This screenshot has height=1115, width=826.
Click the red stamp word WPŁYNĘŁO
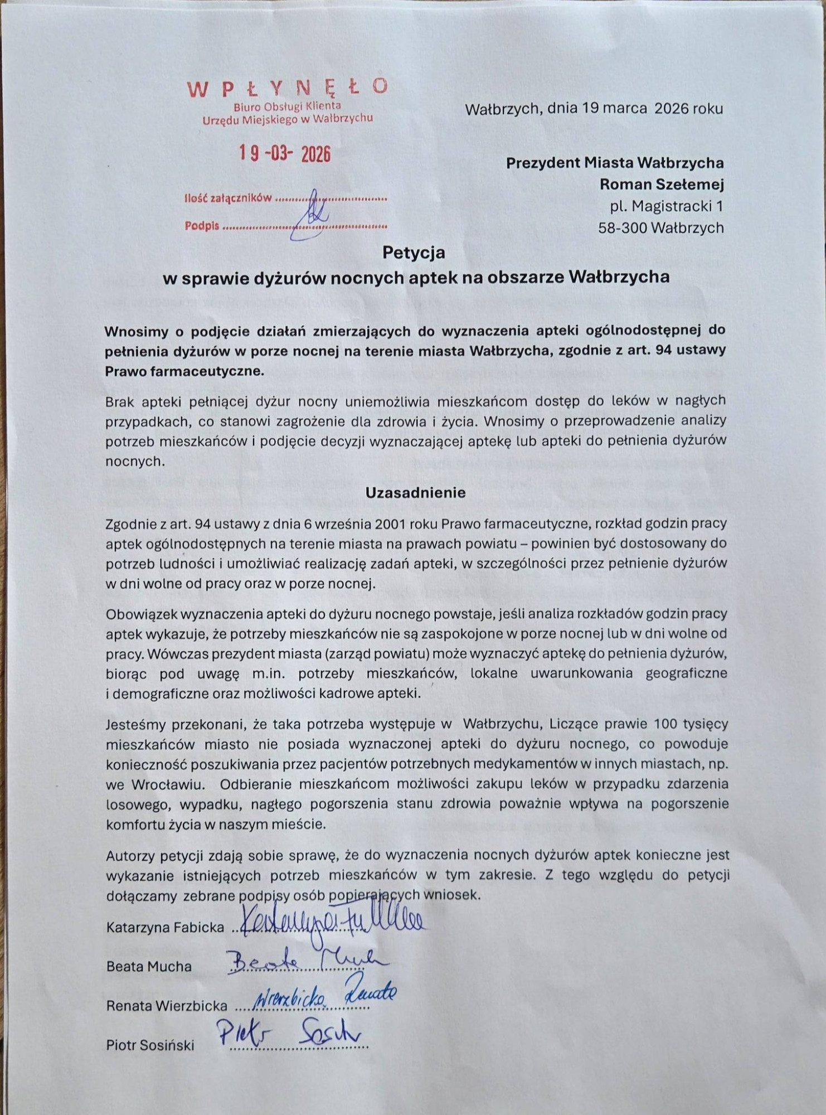click(287, 88)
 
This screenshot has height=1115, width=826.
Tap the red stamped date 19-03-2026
click(285, 153)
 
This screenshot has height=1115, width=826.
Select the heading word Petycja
click(414, 253)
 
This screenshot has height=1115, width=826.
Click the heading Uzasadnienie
click(415, 493)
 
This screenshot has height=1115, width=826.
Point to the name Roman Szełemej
click(662, 184)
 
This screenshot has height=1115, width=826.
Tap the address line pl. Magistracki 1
click(667, 206)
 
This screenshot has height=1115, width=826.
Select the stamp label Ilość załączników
click(228, 198)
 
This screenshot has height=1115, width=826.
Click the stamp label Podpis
click(202, 226)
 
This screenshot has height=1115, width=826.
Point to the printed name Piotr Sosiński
click(150, 1045)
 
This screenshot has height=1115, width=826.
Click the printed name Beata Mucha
click(149, 966)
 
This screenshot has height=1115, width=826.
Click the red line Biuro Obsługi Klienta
click(287, 106)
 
